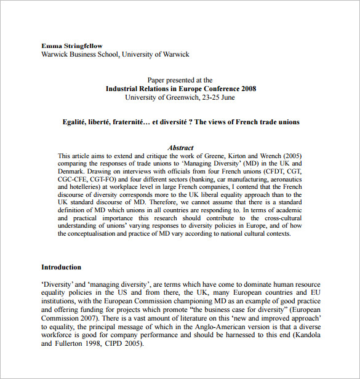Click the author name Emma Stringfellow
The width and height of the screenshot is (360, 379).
tap(72, 46)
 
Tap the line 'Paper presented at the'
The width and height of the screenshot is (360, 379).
tap(180, 80)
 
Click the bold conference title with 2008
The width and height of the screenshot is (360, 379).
tap(180, 89)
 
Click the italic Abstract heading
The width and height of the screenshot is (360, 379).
tap(180, 148)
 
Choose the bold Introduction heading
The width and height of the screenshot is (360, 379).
tap(61, 267)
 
